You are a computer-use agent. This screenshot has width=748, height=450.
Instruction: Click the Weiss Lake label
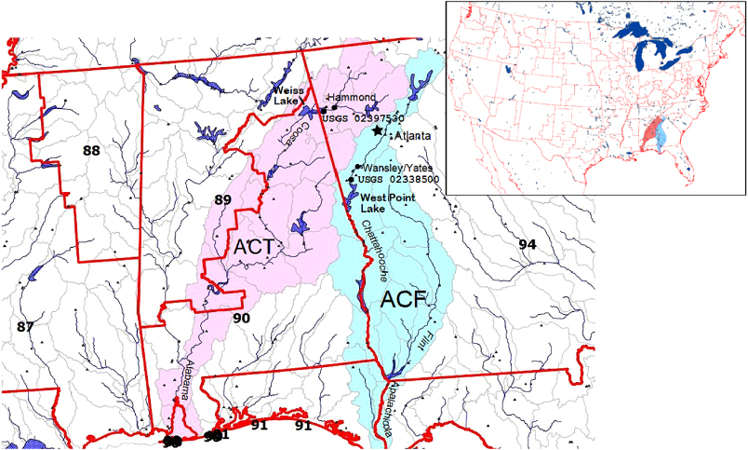coord(287,94)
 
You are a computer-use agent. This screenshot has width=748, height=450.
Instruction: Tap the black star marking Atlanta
coord(378,131)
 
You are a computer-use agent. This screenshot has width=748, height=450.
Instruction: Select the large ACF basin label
coord(402,300)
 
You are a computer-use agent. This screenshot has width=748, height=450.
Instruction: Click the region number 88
coord(91,151)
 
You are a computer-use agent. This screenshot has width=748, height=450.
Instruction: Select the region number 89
coord(222,199)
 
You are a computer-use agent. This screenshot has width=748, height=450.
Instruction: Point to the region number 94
coord(528,244)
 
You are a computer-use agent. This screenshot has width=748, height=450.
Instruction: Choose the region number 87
coord(25,326)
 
